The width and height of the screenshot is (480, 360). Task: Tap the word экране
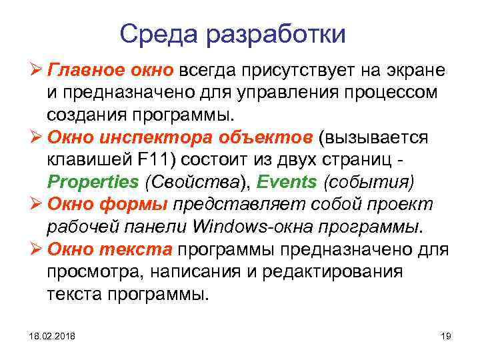point(413,70)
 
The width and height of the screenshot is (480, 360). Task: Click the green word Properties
point(93,182)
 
